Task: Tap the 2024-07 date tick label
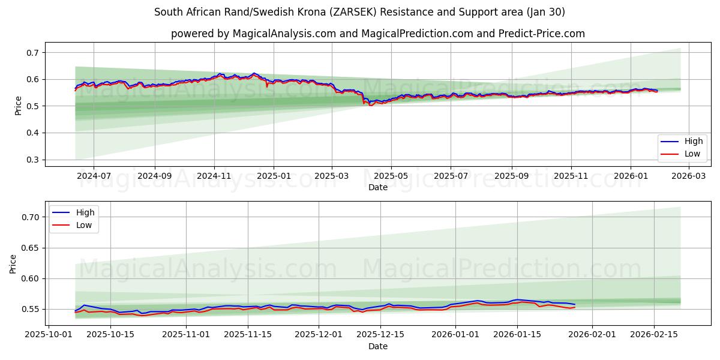94,176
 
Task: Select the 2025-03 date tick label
332,176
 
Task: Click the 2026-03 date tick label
688,176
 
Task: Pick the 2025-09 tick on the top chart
511,176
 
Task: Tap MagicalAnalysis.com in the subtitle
284,34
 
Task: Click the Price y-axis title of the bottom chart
13,263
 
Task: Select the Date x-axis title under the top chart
378,187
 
